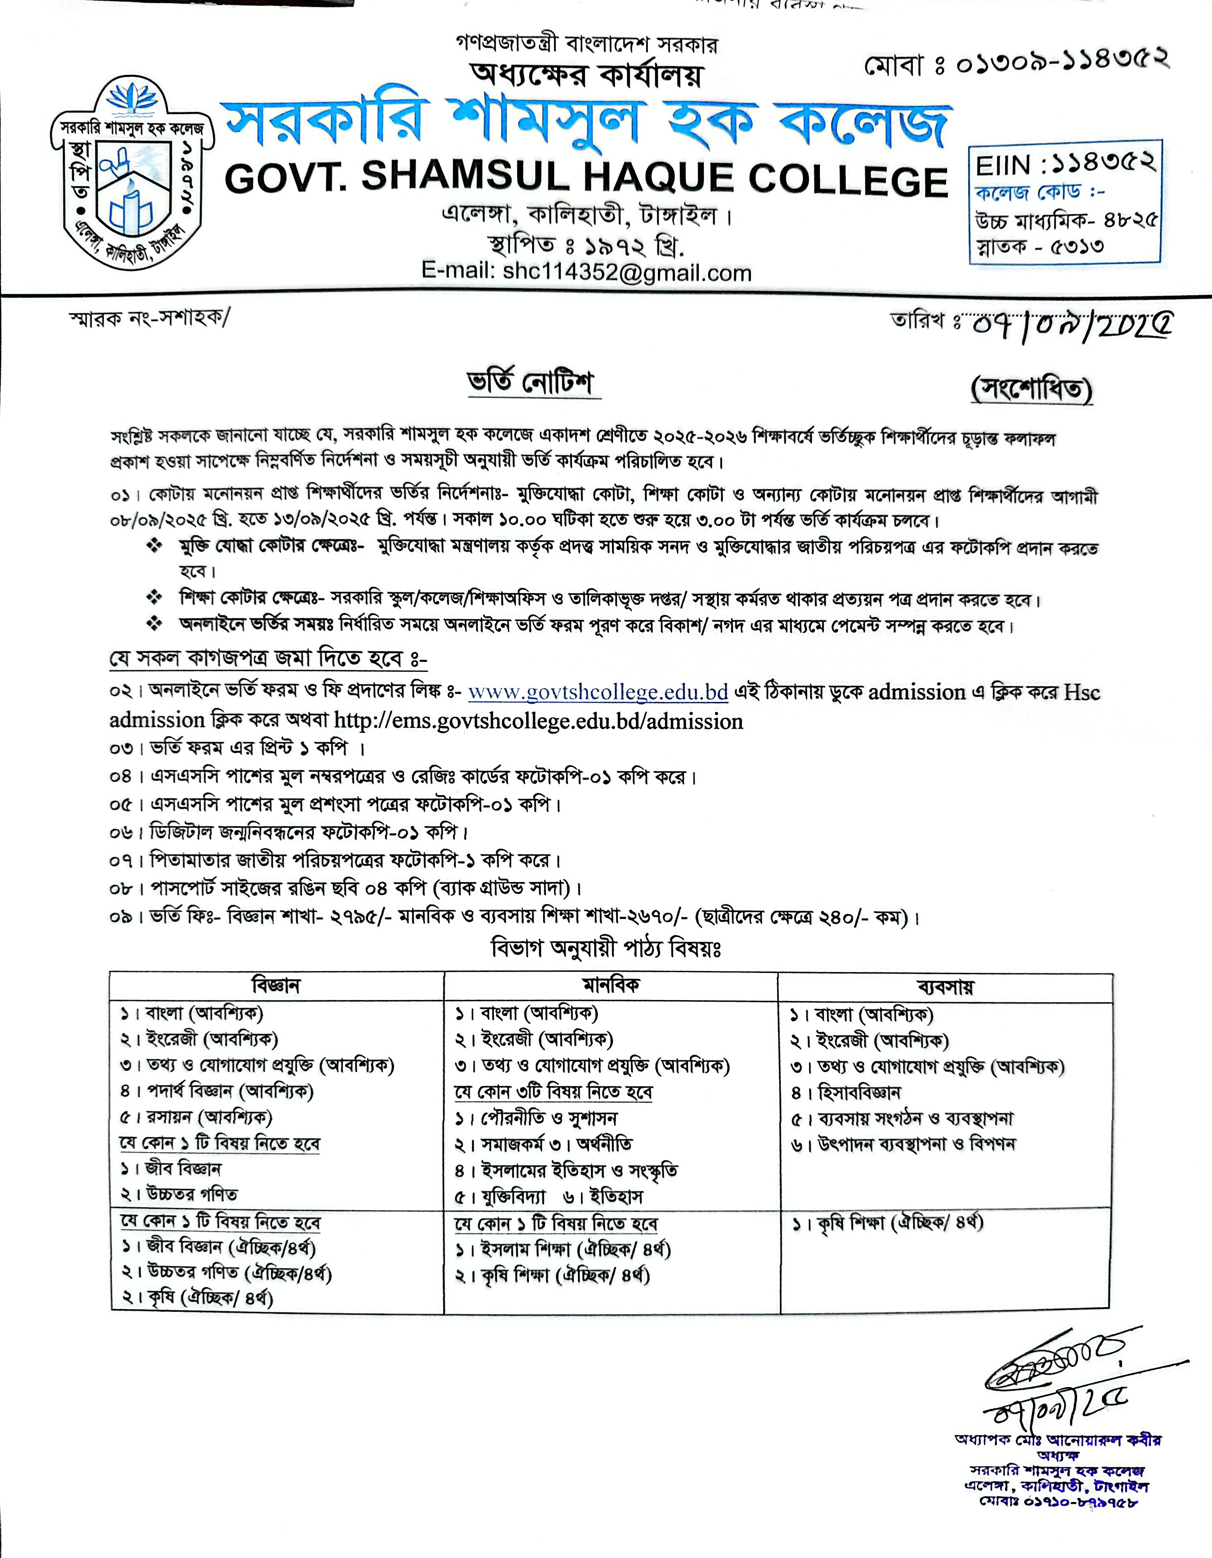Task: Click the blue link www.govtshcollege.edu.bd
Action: click(x=598, y=692)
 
